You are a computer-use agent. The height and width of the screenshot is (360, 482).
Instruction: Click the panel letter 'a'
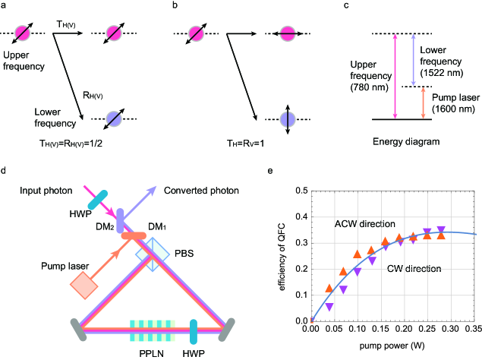click(x=5, y=6)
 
